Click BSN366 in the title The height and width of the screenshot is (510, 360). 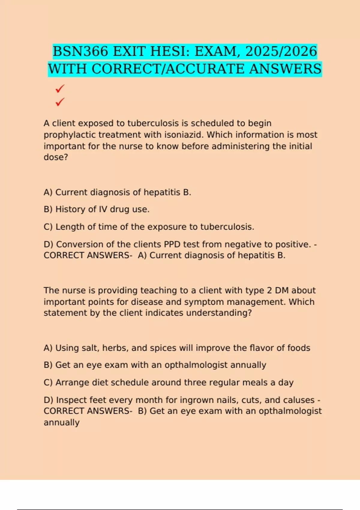(80, 51)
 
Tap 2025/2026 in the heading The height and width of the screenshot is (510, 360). (281, 51)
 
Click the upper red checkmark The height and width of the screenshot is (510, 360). (60, 88)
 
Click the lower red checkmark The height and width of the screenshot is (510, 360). (60, 102)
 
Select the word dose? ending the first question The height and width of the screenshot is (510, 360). (56, 157)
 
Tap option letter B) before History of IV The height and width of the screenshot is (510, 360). (48, 209)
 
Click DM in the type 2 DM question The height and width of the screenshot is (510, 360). (282, 290)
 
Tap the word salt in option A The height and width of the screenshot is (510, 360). (91, 348)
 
